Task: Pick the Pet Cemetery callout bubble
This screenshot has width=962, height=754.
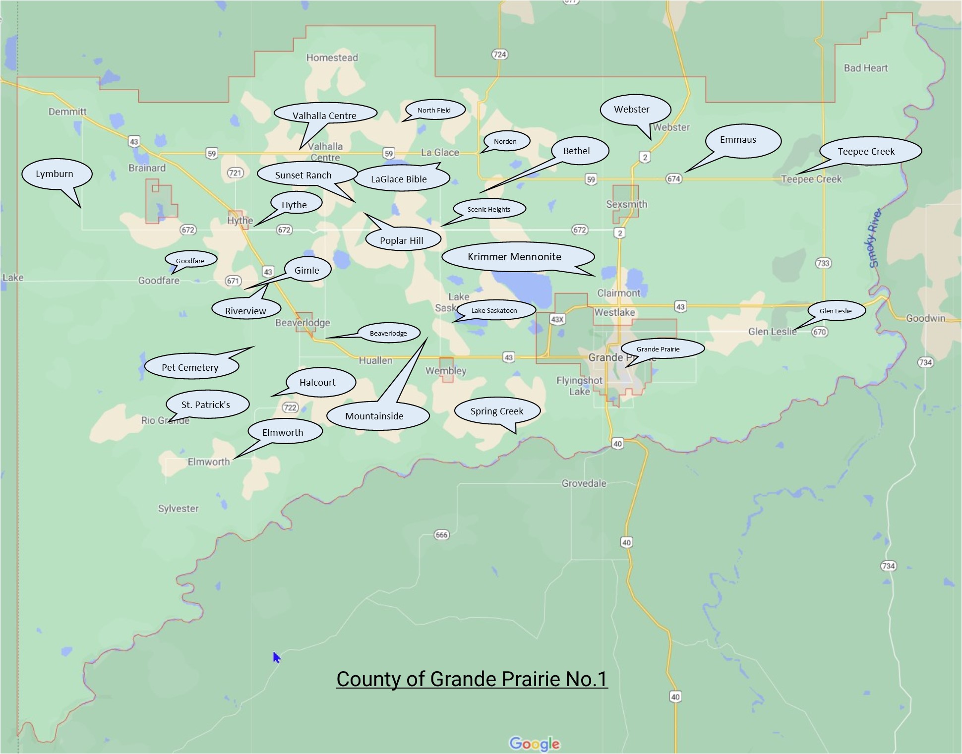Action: [x=191, y=367]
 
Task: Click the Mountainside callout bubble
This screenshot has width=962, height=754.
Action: [x=377, y=416]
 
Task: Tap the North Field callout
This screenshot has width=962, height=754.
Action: [x=435, y=110]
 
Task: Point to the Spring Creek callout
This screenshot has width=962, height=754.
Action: [x=497, y=411]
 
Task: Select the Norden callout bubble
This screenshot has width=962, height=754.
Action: [x=506, y=141]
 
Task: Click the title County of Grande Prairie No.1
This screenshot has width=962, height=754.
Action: [x=472, y=679]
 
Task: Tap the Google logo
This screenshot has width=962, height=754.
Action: [x=534, y=744]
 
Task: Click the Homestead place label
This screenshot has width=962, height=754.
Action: [x=332, y=58]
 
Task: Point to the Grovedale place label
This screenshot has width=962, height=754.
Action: [x=584, y=483]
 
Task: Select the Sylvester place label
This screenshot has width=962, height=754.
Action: [x=178, y=509]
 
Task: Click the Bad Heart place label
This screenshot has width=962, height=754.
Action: [x=865, y=68]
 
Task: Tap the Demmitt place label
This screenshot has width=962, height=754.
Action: [x=67, y=112]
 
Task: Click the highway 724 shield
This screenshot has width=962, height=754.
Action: [x=499, y=54]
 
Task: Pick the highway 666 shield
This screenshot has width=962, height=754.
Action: [x=441, y=534]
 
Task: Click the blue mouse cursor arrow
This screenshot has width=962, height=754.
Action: [x=276, y=657]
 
